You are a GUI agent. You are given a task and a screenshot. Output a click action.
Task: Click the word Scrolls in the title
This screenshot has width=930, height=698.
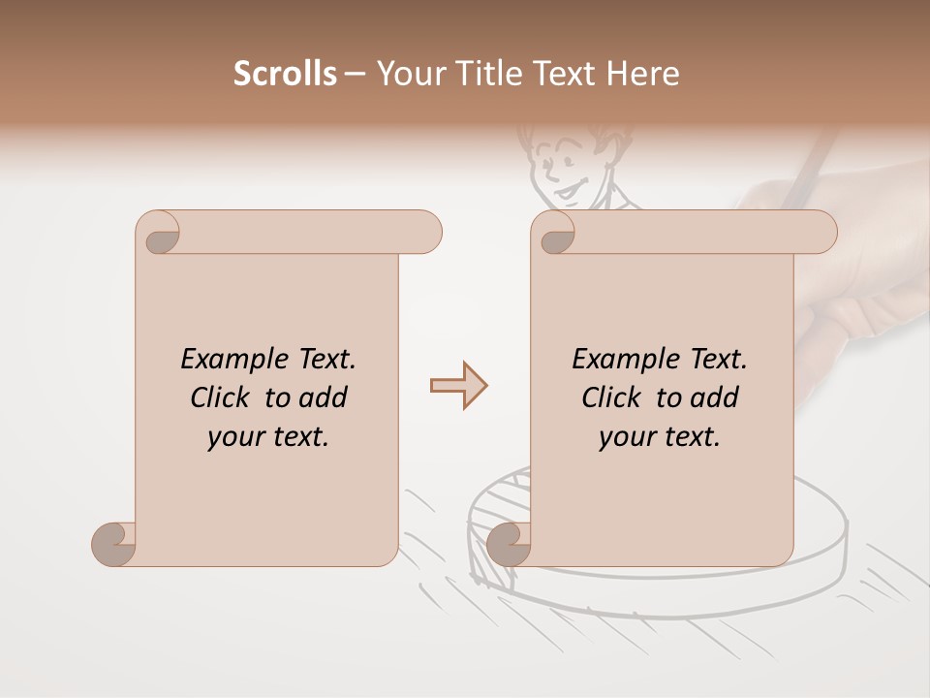point(285,74)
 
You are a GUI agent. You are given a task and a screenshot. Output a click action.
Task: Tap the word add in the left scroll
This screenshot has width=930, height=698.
point(323,397)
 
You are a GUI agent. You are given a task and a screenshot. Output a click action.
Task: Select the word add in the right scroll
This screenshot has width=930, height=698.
point(714,397)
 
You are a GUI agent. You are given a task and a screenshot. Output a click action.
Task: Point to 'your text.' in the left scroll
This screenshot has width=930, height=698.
point(268,436)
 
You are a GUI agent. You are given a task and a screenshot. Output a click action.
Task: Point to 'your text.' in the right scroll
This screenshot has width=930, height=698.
point(660,436)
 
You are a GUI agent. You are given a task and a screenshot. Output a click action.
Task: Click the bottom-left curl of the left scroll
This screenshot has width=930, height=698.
point(114,543)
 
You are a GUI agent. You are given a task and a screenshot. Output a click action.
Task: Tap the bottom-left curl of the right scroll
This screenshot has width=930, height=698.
point(508,543)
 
